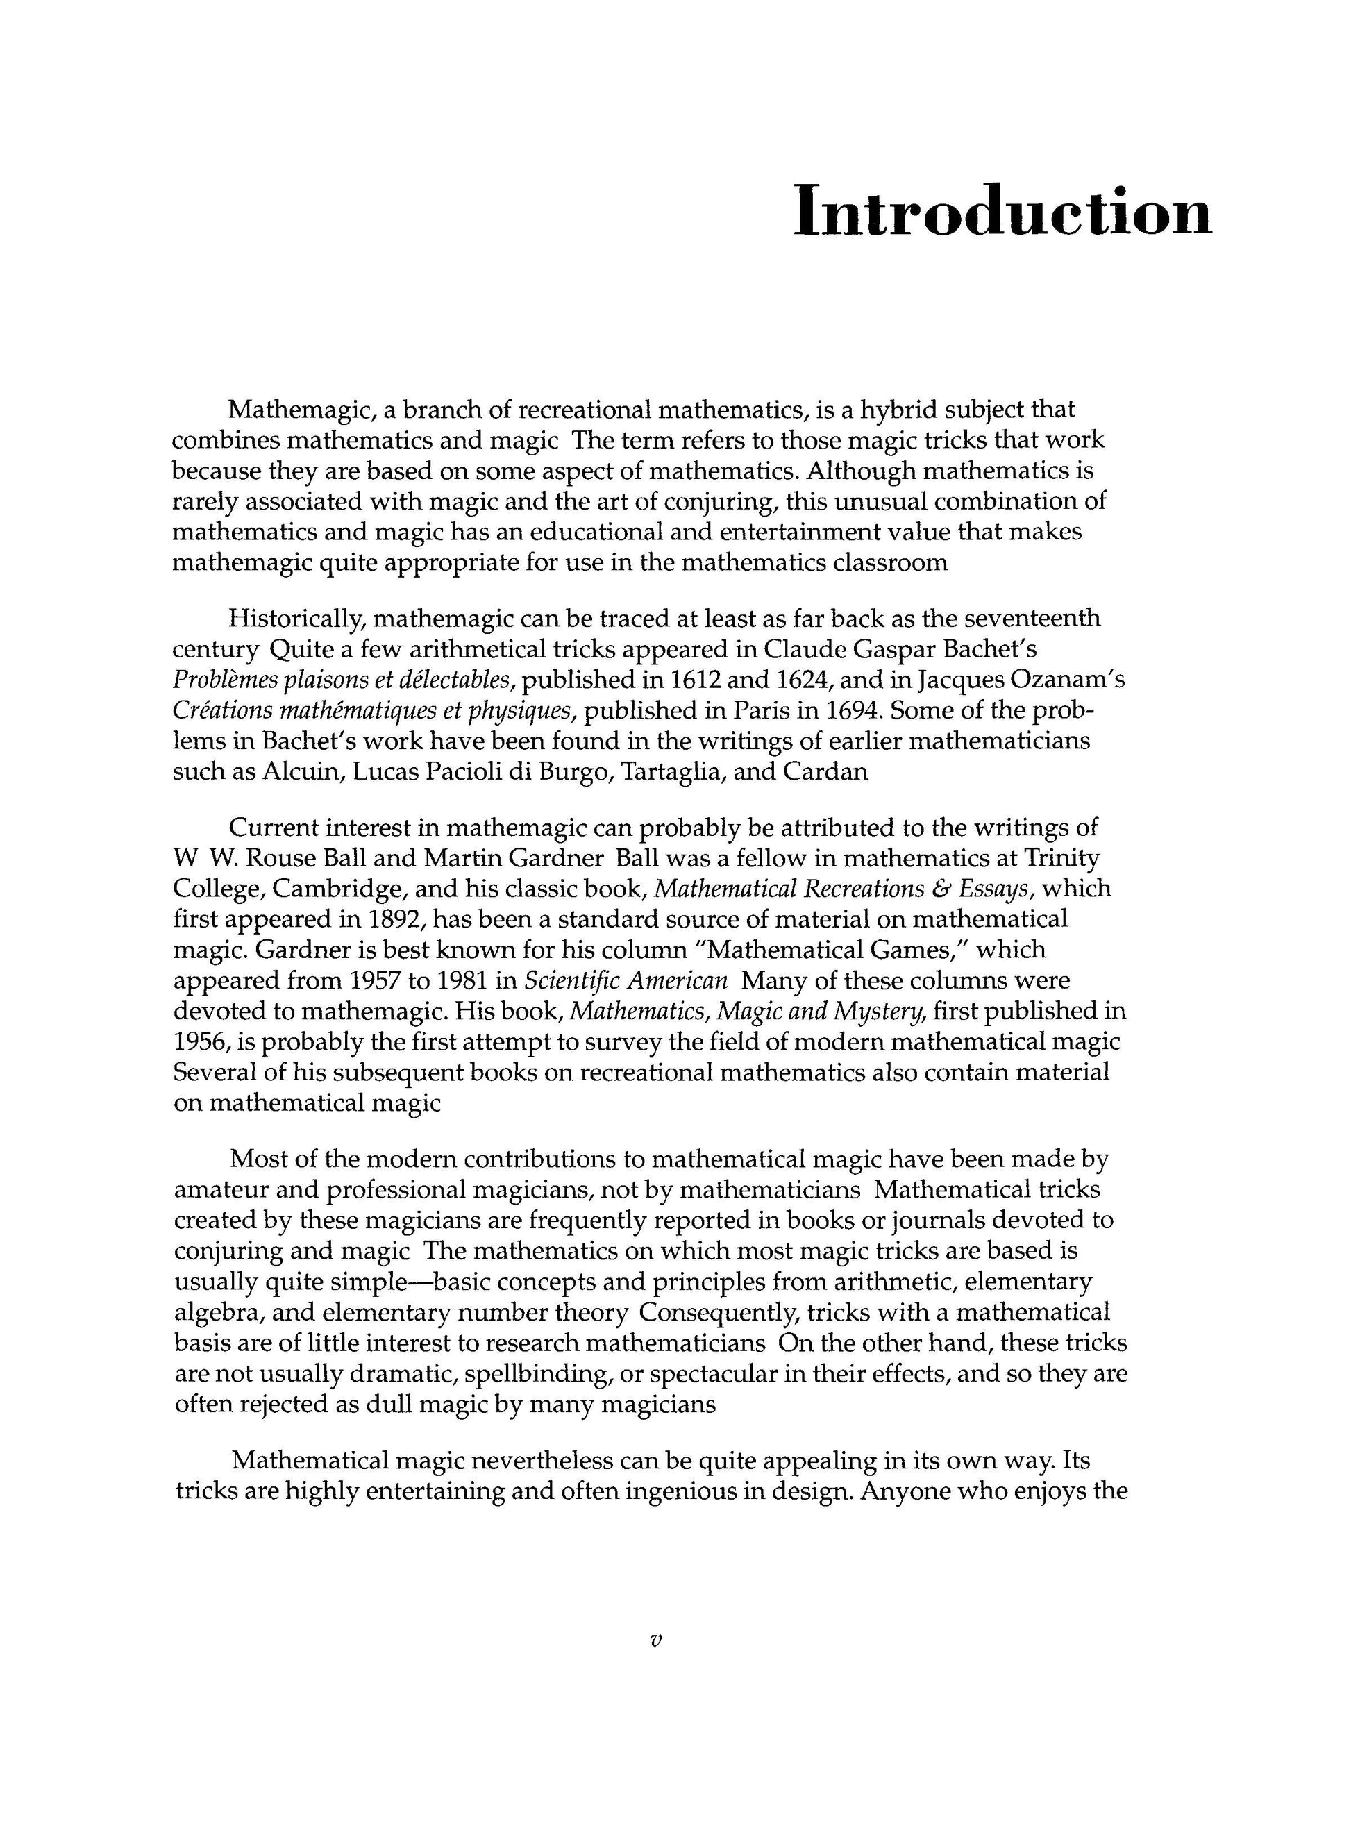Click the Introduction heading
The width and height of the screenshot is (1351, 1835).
[1002, 212]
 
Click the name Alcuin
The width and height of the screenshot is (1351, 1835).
[299, 772]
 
